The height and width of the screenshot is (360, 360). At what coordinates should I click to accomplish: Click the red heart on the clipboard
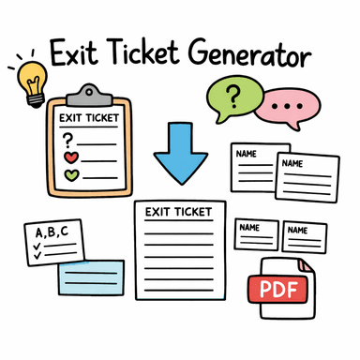(69, 157)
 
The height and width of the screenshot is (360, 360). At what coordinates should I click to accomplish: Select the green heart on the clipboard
(69, 174)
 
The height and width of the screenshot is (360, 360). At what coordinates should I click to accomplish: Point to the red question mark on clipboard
(67, 138)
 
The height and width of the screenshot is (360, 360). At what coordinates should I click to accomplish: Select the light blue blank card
(89, 278)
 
